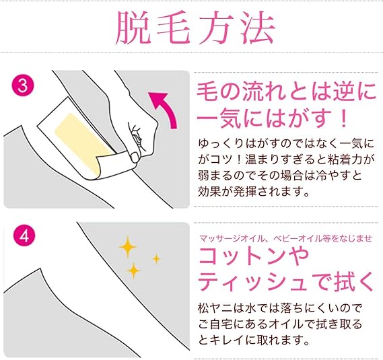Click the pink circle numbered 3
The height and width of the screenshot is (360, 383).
tap(20, 85)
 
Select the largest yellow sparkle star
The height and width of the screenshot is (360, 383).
tap(127, 248)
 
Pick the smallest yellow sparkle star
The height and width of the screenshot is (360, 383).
tap(156, 258)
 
